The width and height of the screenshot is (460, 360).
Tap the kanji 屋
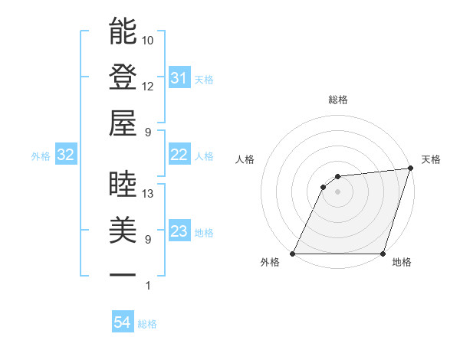pyautogui.click(x=123, y=123)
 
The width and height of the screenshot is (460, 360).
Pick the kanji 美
pyautogui.click(x=123, y=230)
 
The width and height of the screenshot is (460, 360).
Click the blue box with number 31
pyautogui.click(x=179, y=78)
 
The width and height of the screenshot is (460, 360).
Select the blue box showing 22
pyautogui.click(x=179, y=155)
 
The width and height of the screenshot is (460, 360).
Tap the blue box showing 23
pyautogui.click(x=179, y=232)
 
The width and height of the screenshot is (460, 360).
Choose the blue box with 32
pyautogui.click(x=66, y=155)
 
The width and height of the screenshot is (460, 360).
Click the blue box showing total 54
pyautogui.click(x=123, y=323)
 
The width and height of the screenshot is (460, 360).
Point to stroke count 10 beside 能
pyautogui.click(x=148, y=40)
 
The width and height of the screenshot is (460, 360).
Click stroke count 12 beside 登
pyautogui.click(x=148, y=86)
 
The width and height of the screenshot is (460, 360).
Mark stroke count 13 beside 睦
pyautogui.click(x=148, y=194)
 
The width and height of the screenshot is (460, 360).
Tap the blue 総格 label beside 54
pyautogui.click(x=147, y=324)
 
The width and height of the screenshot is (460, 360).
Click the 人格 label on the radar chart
pyautogui.click(x=246, y=159)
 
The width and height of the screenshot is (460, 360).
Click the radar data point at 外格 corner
pyautogui.click(x=293, y=254)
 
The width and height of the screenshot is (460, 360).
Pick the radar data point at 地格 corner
pyautogui.click(x=383, y=254)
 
